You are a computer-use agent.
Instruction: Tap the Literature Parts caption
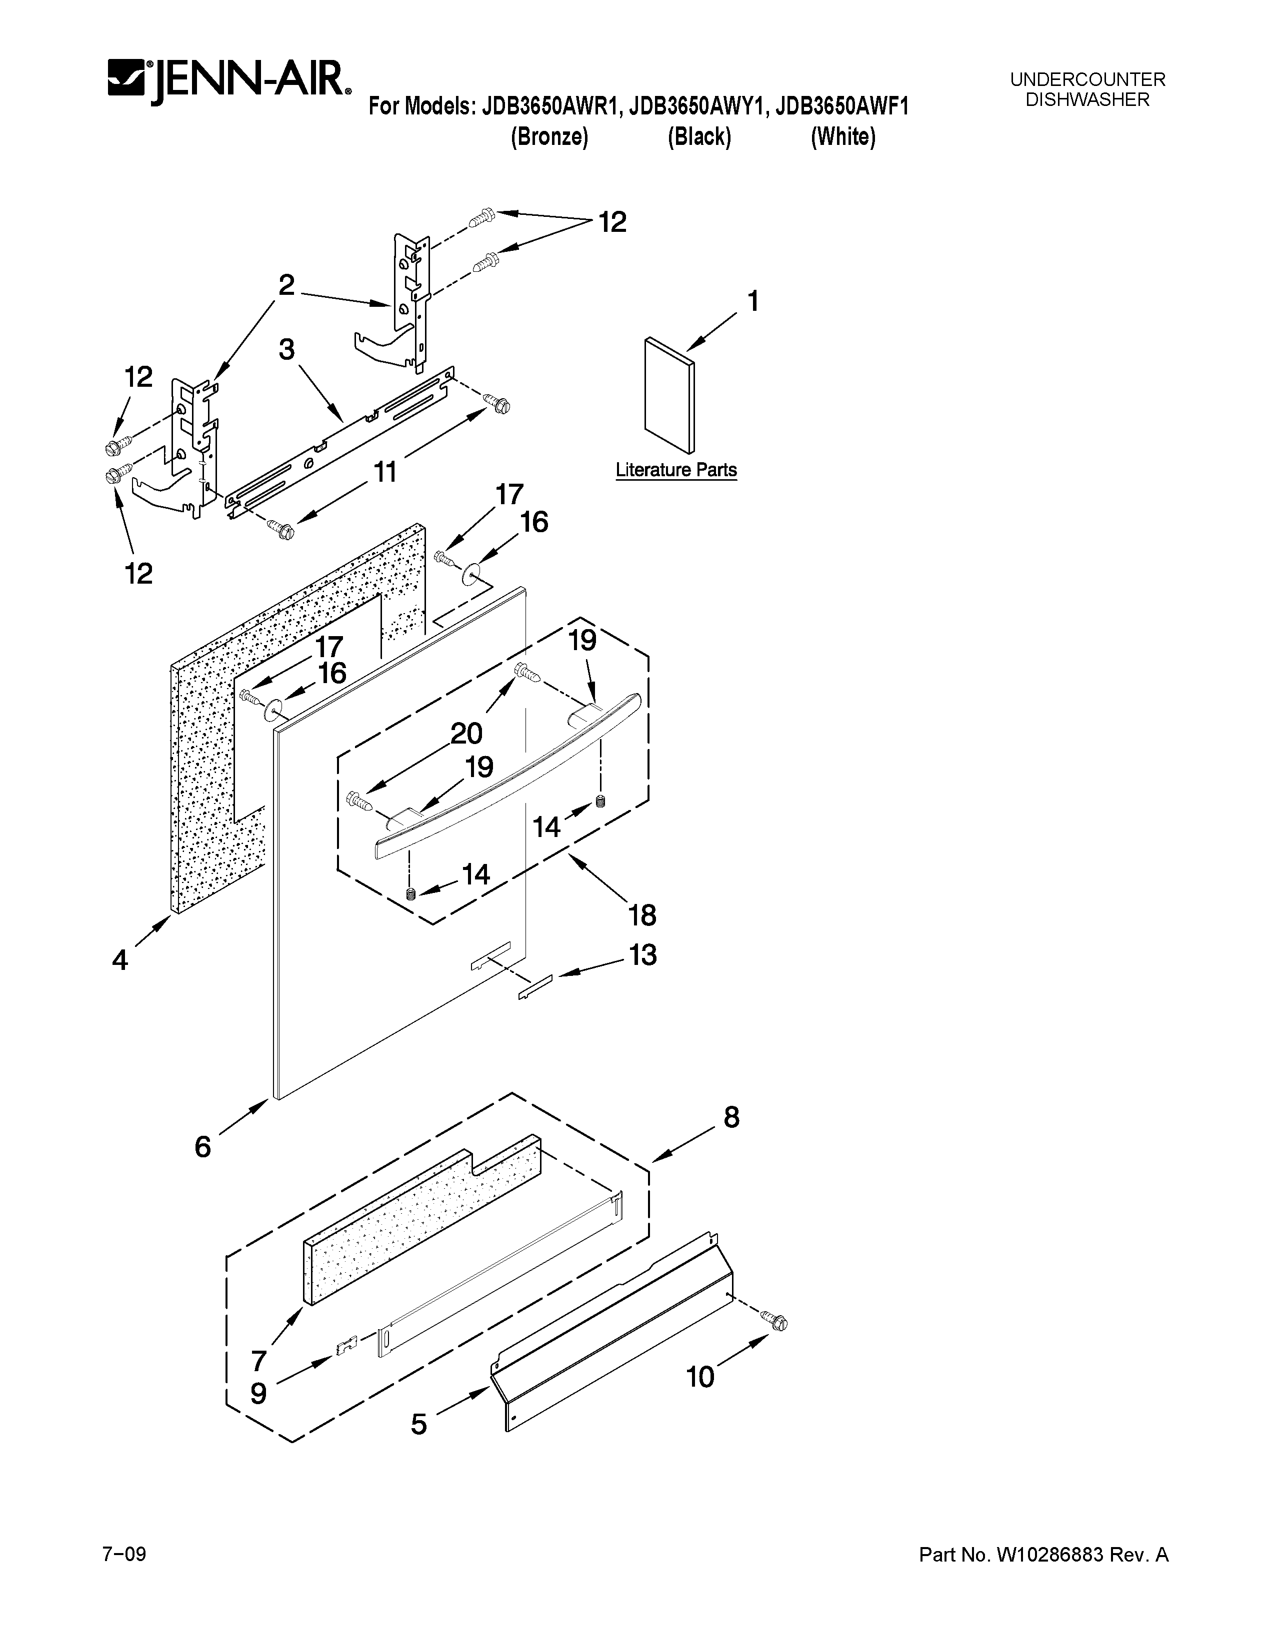676,470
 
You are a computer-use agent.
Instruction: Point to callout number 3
286,350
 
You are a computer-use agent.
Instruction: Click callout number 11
384,473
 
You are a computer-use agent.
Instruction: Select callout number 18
642,916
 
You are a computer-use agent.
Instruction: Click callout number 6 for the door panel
202,1147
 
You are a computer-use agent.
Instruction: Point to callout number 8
731,1117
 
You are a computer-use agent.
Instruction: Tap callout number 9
258,1393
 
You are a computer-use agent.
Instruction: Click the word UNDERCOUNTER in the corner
1087,79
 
